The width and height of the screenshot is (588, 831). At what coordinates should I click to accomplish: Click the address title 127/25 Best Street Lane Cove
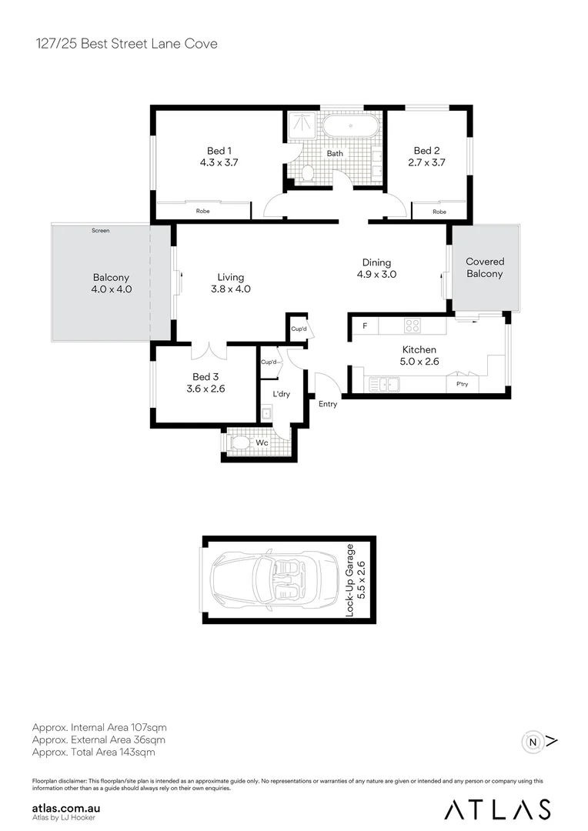point(125,44)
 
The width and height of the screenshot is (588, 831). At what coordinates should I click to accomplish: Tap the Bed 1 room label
point(219,151)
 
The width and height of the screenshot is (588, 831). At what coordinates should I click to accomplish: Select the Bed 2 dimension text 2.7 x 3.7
point(426,162)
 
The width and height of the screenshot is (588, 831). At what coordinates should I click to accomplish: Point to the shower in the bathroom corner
point(300,126)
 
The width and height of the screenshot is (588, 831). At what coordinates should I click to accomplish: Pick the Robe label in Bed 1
point(203,210)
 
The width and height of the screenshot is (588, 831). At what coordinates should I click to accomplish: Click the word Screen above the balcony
point(100,230)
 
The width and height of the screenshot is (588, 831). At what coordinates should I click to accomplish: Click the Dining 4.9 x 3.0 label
point(376,268)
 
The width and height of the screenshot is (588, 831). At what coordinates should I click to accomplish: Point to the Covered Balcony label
point(485,268)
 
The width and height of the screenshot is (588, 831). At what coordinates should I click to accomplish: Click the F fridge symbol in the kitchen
point(365,325)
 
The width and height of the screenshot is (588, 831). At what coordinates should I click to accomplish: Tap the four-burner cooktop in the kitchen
point(412,325)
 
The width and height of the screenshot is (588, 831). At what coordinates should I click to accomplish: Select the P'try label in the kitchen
point(462,383)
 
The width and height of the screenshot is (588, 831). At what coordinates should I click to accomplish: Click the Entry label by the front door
point(327,404)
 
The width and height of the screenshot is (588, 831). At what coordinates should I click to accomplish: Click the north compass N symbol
point(533,742)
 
